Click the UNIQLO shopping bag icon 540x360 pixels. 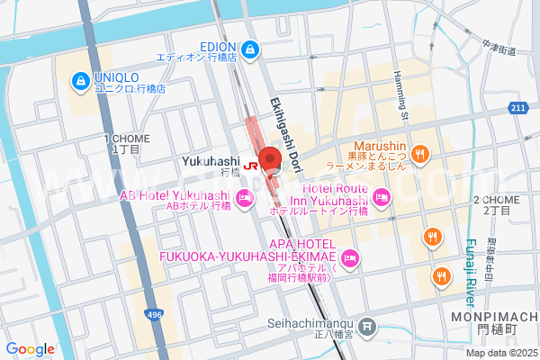coord(82,82)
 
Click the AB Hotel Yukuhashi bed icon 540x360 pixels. coord(243,197)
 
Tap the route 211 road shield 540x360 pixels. coord(517,109)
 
